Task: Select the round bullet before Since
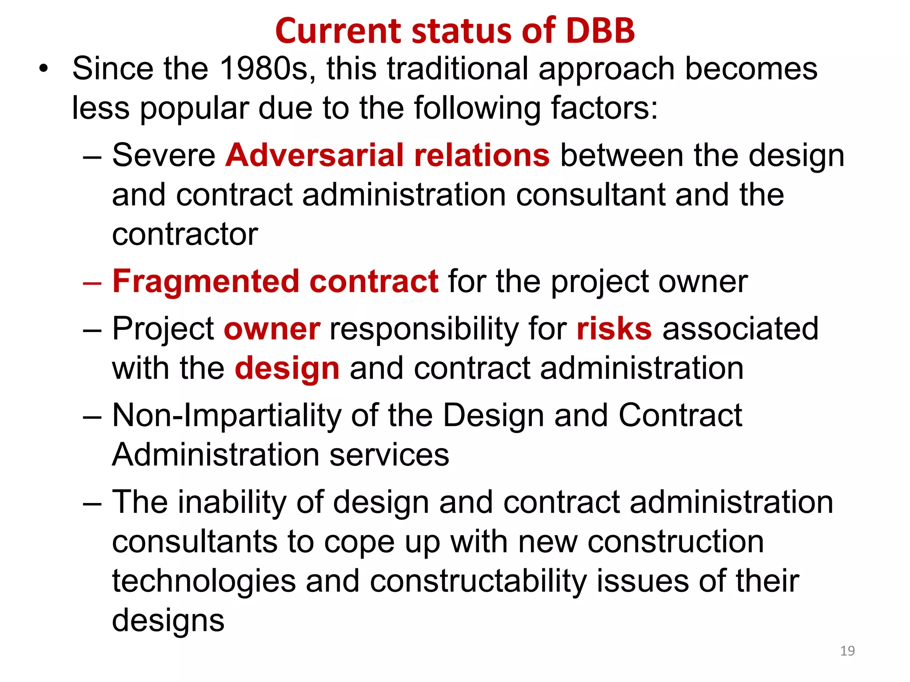(x=43, y=69)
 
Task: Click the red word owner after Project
(x=272, y=329)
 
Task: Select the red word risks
(x=614, y=329)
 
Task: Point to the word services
(x=389, y=456)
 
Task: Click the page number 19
(x=847, y=651)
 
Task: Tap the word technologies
(x=204, y=582)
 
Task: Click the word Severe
(x=164, y=155)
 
